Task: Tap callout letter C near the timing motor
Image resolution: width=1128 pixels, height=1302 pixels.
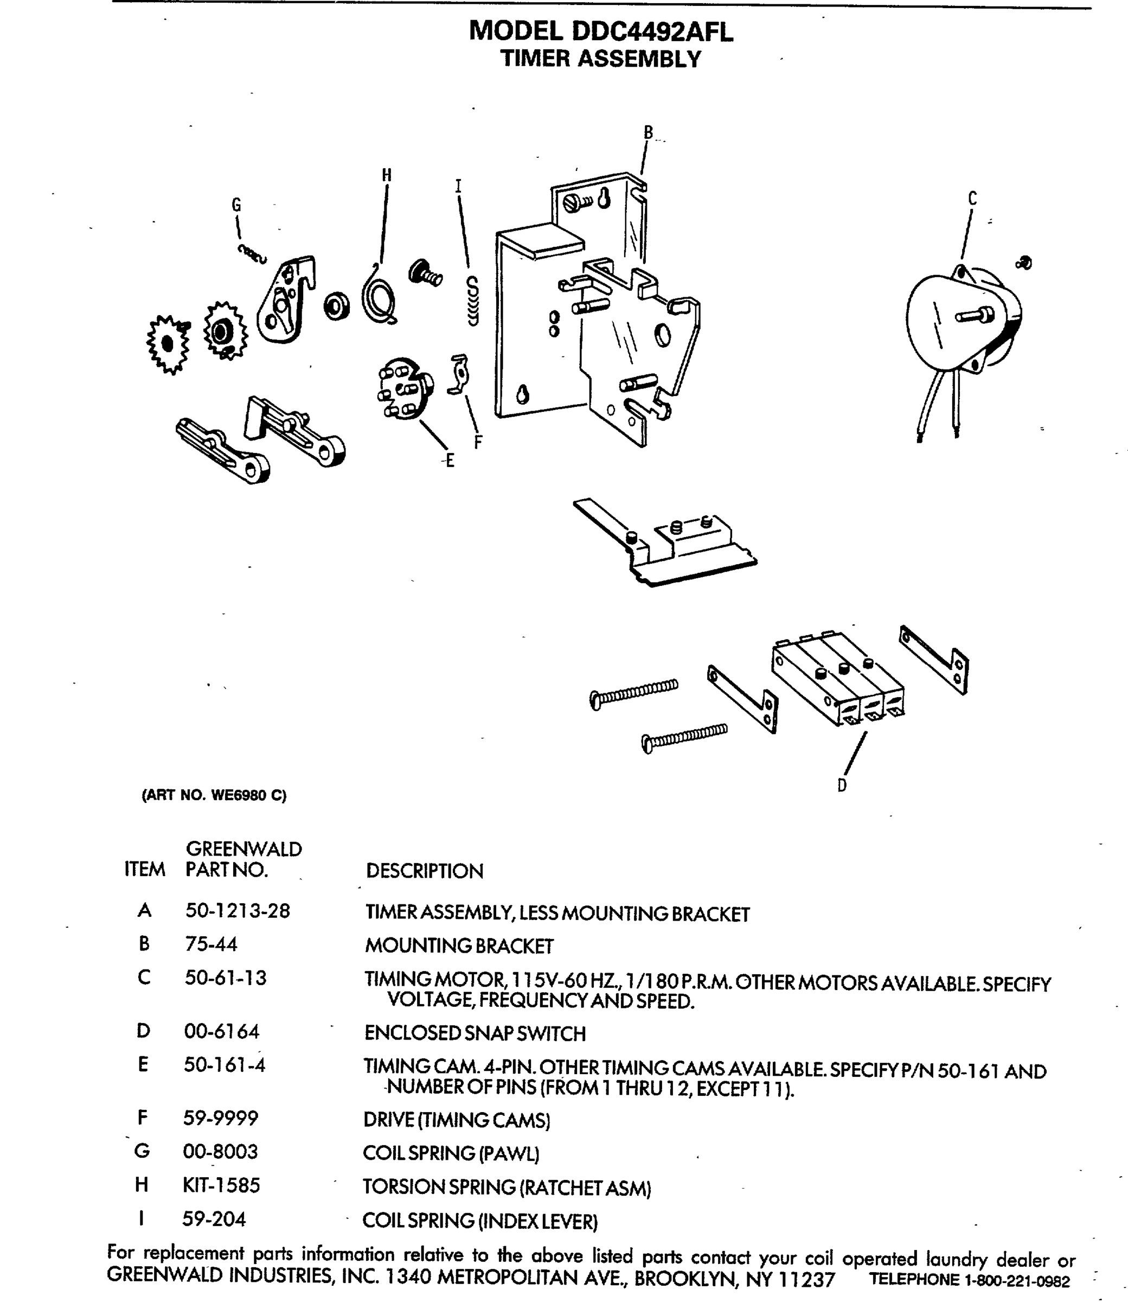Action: click(x=972, y=199)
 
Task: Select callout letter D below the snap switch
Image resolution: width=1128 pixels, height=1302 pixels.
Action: click(x=842, y=785)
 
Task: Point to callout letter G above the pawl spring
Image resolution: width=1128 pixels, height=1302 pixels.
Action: click(x=236, y=205)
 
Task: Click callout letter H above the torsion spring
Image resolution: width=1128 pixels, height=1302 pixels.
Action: click(x=387, y=175)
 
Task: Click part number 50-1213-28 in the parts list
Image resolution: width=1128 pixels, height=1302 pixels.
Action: click(x=238, y=911)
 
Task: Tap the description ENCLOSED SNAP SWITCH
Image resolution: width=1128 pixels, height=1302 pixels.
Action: click(x=475, y=1033)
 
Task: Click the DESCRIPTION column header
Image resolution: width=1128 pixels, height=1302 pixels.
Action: click(x=424, y=871)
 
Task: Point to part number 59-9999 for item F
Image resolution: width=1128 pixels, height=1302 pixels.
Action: click(x=220, y=1118)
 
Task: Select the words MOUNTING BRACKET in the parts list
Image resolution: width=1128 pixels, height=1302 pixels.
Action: click(x=459, y=946)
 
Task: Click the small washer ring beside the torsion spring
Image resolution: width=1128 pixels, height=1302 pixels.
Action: click(x=337, y=306)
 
